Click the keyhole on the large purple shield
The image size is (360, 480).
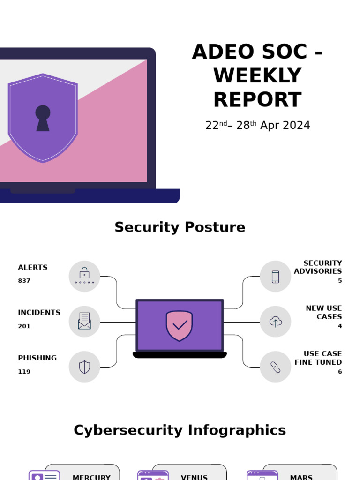pos(43,118)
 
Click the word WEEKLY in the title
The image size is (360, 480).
pos(257,76)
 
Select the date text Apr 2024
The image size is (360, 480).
pos(285,126)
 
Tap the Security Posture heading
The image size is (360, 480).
pos(180,227)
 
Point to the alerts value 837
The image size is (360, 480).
pos(24,281)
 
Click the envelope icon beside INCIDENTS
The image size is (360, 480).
pos(84,321)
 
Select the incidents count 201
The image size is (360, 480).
pos(24,326)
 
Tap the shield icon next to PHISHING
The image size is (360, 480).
pos(84,367)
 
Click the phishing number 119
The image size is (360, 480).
pos(24,372)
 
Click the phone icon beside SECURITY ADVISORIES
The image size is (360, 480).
pos(276,277)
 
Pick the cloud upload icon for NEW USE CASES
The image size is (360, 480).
pos(276,322)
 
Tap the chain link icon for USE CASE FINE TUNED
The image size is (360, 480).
pos(276,367)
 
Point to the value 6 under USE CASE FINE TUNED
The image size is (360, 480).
pos(340,372)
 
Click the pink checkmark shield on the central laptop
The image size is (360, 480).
pos(180,325)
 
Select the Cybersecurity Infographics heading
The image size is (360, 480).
pos(180,430)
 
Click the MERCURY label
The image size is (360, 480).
pos(91,477)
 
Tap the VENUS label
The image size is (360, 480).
pos(194,477)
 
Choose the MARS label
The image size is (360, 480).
pos(301,477)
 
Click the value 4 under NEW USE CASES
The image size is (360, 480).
pos(340,326)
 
